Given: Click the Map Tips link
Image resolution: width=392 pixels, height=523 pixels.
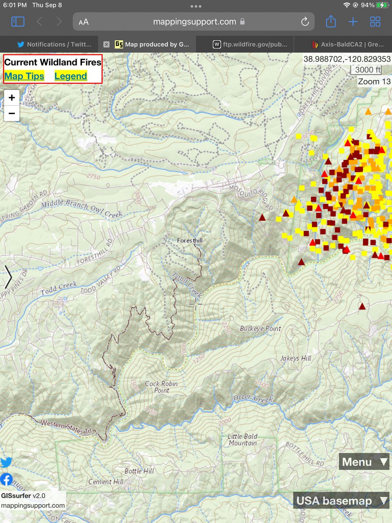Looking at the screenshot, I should (24, 76).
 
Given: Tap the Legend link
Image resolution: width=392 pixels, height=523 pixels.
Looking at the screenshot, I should (71, 76).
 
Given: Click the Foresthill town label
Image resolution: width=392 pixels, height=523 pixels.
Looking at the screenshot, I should (190, 241).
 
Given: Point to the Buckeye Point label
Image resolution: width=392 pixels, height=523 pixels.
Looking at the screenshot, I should (260, 329).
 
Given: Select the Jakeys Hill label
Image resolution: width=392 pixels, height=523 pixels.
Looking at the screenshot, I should (296, 358).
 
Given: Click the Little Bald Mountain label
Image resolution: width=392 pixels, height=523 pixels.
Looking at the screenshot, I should (243, 439).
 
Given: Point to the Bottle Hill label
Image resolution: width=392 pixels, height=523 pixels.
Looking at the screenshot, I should (139, 471).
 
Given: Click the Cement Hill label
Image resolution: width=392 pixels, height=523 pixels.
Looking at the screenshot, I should (106, 482).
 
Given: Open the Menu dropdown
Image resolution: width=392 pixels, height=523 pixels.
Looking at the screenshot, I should (364, 462).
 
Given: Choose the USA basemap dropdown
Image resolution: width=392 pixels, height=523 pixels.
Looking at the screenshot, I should (341, 501).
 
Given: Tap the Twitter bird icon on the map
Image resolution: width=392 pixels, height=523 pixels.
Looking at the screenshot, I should (6, 462).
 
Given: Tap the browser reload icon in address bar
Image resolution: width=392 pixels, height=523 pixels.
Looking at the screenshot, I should (305, 22).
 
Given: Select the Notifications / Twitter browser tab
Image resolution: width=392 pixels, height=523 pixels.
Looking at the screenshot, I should (54, 44).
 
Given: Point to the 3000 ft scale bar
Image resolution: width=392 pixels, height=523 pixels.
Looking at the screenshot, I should (368, 70).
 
